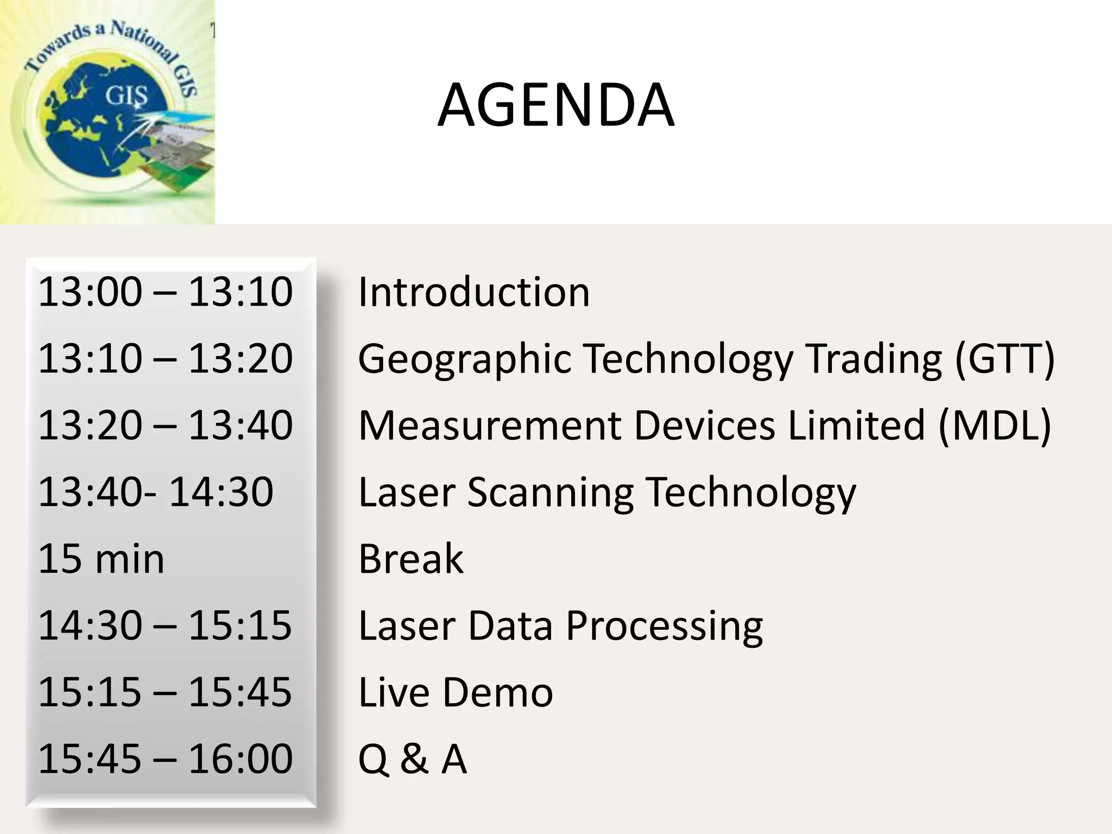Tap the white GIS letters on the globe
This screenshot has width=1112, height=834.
(x=126, y=96)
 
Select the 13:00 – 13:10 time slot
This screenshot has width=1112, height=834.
(x=166, y=292)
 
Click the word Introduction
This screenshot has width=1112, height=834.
(x=473, y=292)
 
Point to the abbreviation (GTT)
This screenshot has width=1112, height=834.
(x=1004, y=358)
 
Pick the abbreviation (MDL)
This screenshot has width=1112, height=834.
(x=995, y=425)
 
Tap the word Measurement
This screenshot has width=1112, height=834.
(x=489, y=425)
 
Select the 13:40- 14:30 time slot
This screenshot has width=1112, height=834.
(x=156, y=492)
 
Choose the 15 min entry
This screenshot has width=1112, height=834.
(x=101, y=559)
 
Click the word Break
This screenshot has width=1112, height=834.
(x=411, y=559)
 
